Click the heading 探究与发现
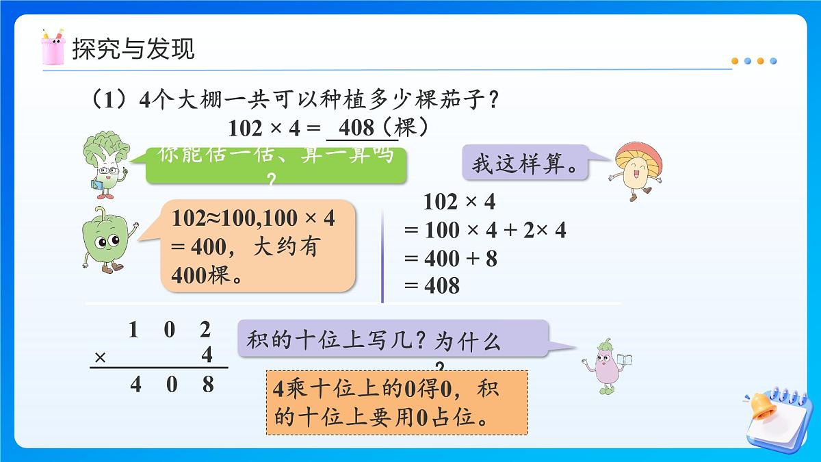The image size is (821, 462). click(x=133, y=49)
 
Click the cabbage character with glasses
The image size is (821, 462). click(x=104, y=162)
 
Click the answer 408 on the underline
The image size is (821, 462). click(x=356, y=128)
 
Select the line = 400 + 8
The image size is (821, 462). click(x=451, y=258)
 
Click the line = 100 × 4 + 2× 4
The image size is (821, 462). click(x=485, y=230)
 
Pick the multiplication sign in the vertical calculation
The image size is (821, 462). click(x=101, y=357)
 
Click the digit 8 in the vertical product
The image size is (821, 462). click(x=207, y=384)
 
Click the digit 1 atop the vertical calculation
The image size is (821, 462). click(x=134, y=330)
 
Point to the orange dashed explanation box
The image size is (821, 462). click(x=397, y=402)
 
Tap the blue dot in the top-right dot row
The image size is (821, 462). click(x=773, y=61)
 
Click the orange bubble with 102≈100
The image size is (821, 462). click(x=259, y=246)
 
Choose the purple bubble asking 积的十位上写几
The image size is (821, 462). click(x=393, y=338)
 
